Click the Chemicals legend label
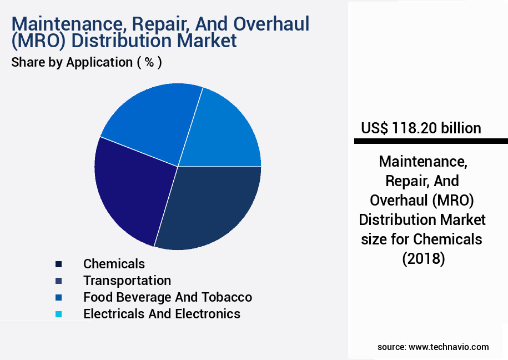coord(114,264)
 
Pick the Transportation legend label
coord(127,281)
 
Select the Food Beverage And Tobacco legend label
coord(168,297)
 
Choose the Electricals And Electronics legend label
coord(162,314)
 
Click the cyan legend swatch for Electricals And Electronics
coord(59,314)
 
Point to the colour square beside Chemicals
coord(59,264)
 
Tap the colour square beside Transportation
coord(59,281)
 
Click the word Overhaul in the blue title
coord(271,24)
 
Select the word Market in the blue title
coord(207,41)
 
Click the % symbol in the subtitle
coord(149,62)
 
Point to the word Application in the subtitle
coord(99,62)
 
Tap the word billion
coord(461,128)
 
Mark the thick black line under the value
coord(431,141)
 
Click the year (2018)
coord(424,259)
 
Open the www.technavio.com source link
coord(449,347)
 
